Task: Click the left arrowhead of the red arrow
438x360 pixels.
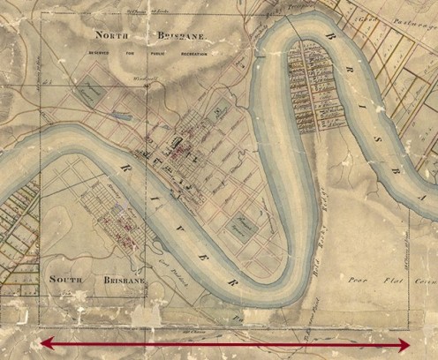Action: click(x=44, y=344)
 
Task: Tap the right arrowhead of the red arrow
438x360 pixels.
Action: click(x=405, y=344)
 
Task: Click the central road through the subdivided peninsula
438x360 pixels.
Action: click(x=306, y=88)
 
